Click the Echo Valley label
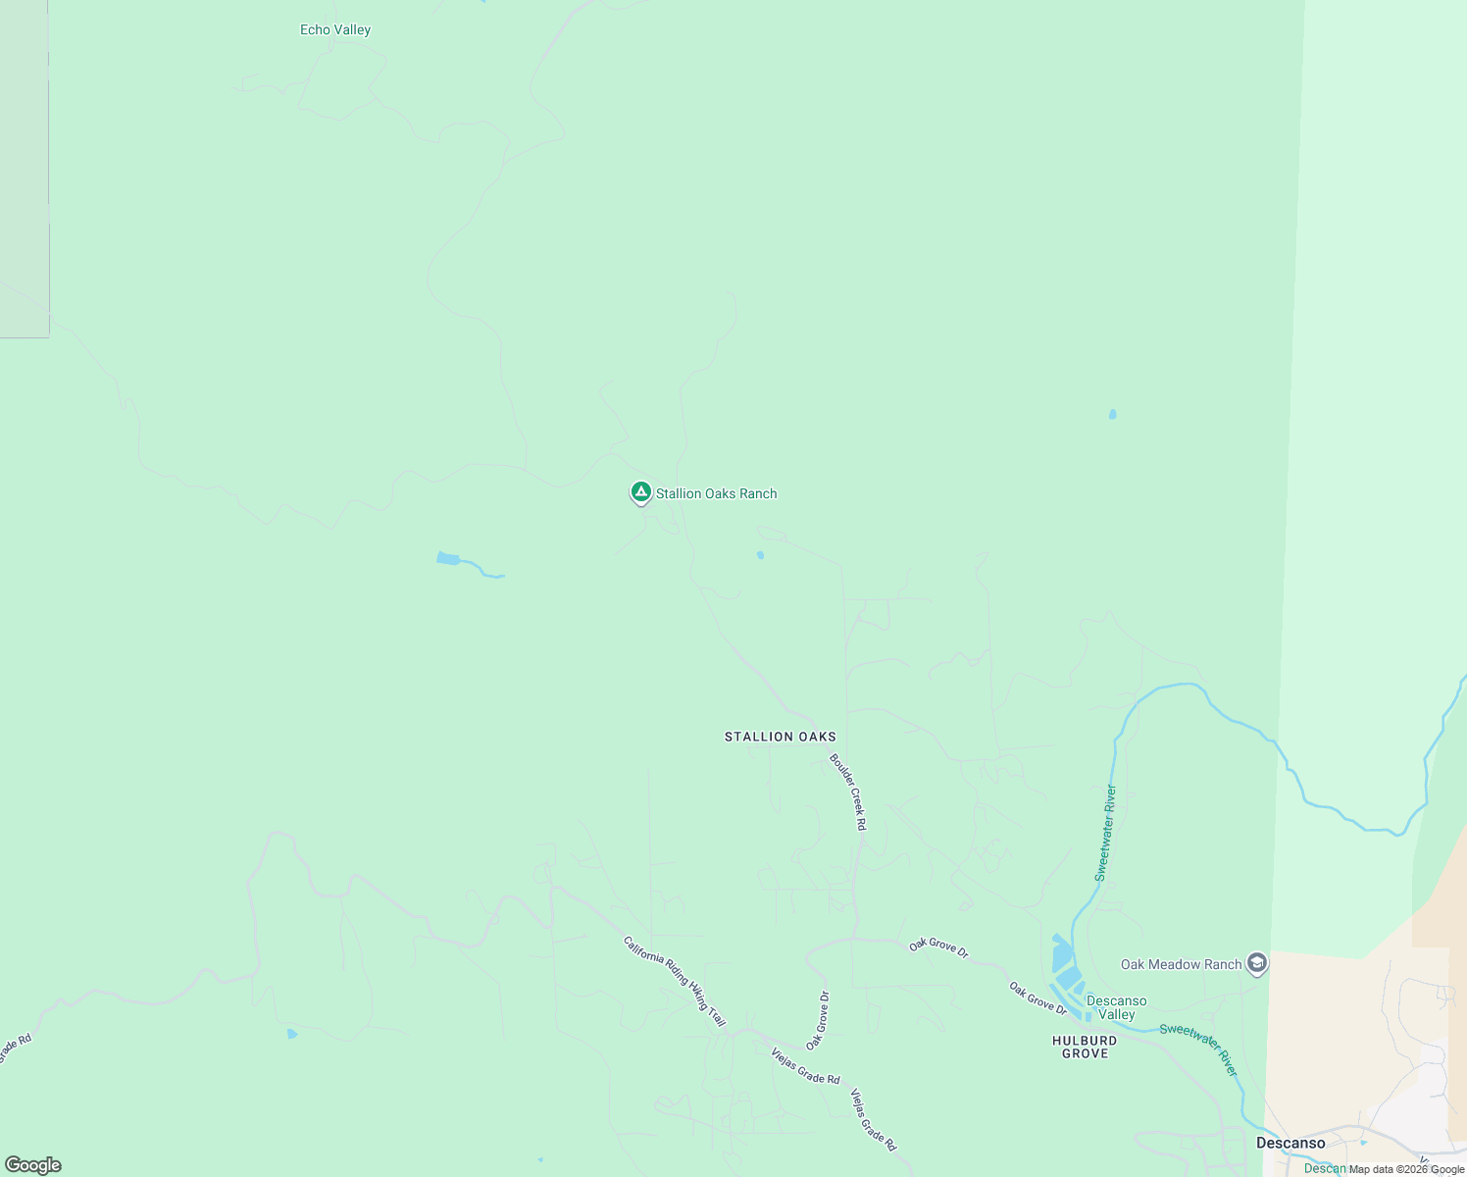[335, 30]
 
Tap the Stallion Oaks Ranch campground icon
[640, 492]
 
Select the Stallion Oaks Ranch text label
[716, 493]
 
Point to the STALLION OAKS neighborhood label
[781, 737]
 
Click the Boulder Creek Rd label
[848, 792]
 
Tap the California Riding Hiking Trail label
[675, 981]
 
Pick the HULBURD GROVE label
[1085, 1047]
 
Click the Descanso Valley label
[1116, 1007]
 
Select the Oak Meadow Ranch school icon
[1257, 963]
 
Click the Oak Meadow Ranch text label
[1181, 964]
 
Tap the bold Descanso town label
[1290, 1143]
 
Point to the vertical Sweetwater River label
[1105, 833]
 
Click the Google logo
[33, 1165]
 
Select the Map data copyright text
[1406, 1169]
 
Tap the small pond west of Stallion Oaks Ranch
[448, 559]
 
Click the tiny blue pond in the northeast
[1112, 415]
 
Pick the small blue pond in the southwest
[291, 1034]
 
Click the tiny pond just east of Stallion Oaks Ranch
[760, 555]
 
